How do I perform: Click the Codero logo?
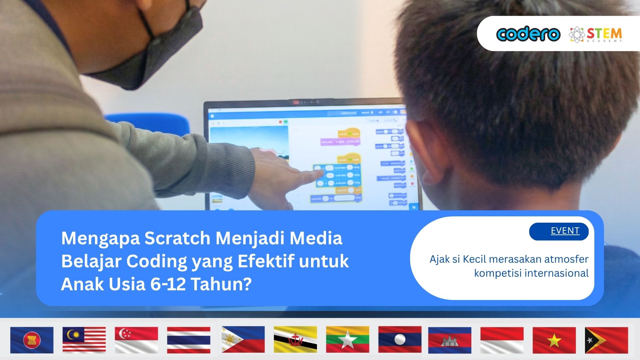(x=528, y=34)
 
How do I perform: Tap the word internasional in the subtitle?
(x=556, y=273)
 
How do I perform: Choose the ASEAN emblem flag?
(x=32, y=340)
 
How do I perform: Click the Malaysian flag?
(x=84, y=340)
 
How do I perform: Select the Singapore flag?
(x=136, y=340)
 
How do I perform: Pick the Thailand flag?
(x=189, y=340)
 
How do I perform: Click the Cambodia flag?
(x=450, y=340)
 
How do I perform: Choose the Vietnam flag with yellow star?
(x=554, y=340)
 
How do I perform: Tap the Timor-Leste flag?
(x=607, y=340)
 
